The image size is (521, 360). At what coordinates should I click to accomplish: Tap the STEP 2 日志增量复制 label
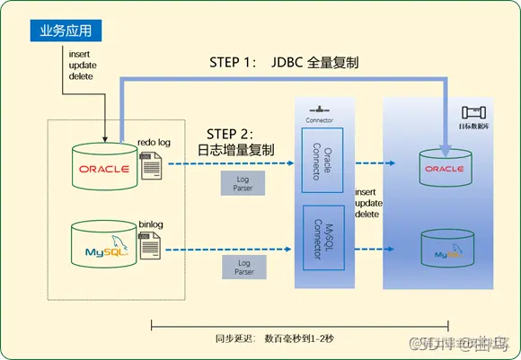point(235,141)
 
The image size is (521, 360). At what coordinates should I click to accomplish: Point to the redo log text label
point(154,141)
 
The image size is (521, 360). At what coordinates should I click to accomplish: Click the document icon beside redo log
point(150,165)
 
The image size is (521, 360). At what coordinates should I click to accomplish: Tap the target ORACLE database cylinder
point(445,167)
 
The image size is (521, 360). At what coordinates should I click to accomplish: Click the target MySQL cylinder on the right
point(445,250)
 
